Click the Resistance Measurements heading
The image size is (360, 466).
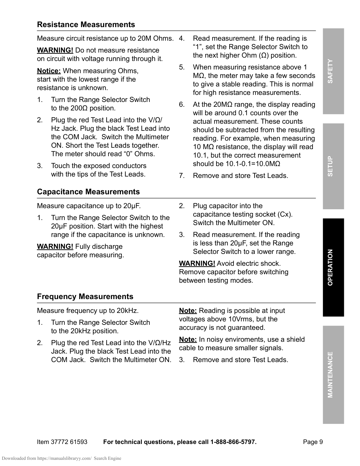86,25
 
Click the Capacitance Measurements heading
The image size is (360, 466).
88,192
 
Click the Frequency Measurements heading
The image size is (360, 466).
85,297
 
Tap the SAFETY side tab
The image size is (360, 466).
333,71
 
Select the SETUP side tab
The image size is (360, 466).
333,166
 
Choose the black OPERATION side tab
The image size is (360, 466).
333,267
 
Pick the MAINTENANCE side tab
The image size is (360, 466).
333,374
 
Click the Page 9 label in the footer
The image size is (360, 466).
313,442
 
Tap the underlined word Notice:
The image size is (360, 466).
49,71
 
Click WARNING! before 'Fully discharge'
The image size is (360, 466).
55,247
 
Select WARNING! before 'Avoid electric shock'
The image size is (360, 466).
197,264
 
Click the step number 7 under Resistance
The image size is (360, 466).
182,176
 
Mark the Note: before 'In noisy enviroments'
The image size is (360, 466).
188,339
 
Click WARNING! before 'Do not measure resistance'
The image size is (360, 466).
55,50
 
